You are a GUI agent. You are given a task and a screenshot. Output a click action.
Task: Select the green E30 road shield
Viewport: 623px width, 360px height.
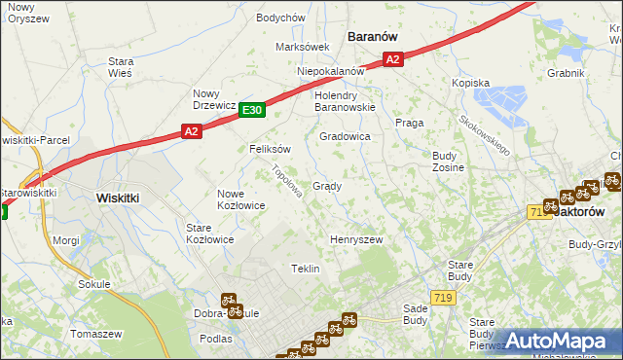pyautogui.click(x=252, y=110)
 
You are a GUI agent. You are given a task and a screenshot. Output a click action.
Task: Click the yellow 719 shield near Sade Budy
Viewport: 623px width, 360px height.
pyautogui.click(x=443, y=296)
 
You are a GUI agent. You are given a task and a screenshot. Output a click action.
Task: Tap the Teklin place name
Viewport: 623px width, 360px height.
pyautogui.click(x=306, y=269)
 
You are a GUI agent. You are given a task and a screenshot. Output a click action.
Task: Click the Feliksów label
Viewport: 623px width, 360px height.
pyautogui.click(x=271, y=149)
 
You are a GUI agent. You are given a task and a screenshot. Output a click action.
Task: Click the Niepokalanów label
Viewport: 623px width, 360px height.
pyautogui.click(x=331, y=71)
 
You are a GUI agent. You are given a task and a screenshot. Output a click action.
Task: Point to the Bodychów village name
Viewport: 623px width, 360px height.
pyautogui.click(x=280, y=18)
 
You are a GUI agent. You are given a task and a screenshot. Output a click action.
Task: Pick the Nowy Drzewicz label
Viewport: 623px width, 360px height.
pyautogui.click(x=213, y=99)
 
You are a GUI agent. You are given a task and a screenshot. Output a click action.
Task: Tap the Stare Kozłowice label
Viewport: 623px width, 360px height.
pyautogui.click(x=209, y=233)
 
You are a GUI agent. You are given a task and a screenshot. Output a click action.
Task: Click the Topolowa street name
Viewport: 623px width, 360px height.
pyautogui.click(x=286, y=180)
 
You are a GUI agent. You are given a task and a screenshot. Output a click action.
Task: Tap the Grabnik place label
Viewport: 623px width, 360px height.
pyautogui.click(x=566, y=72)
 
